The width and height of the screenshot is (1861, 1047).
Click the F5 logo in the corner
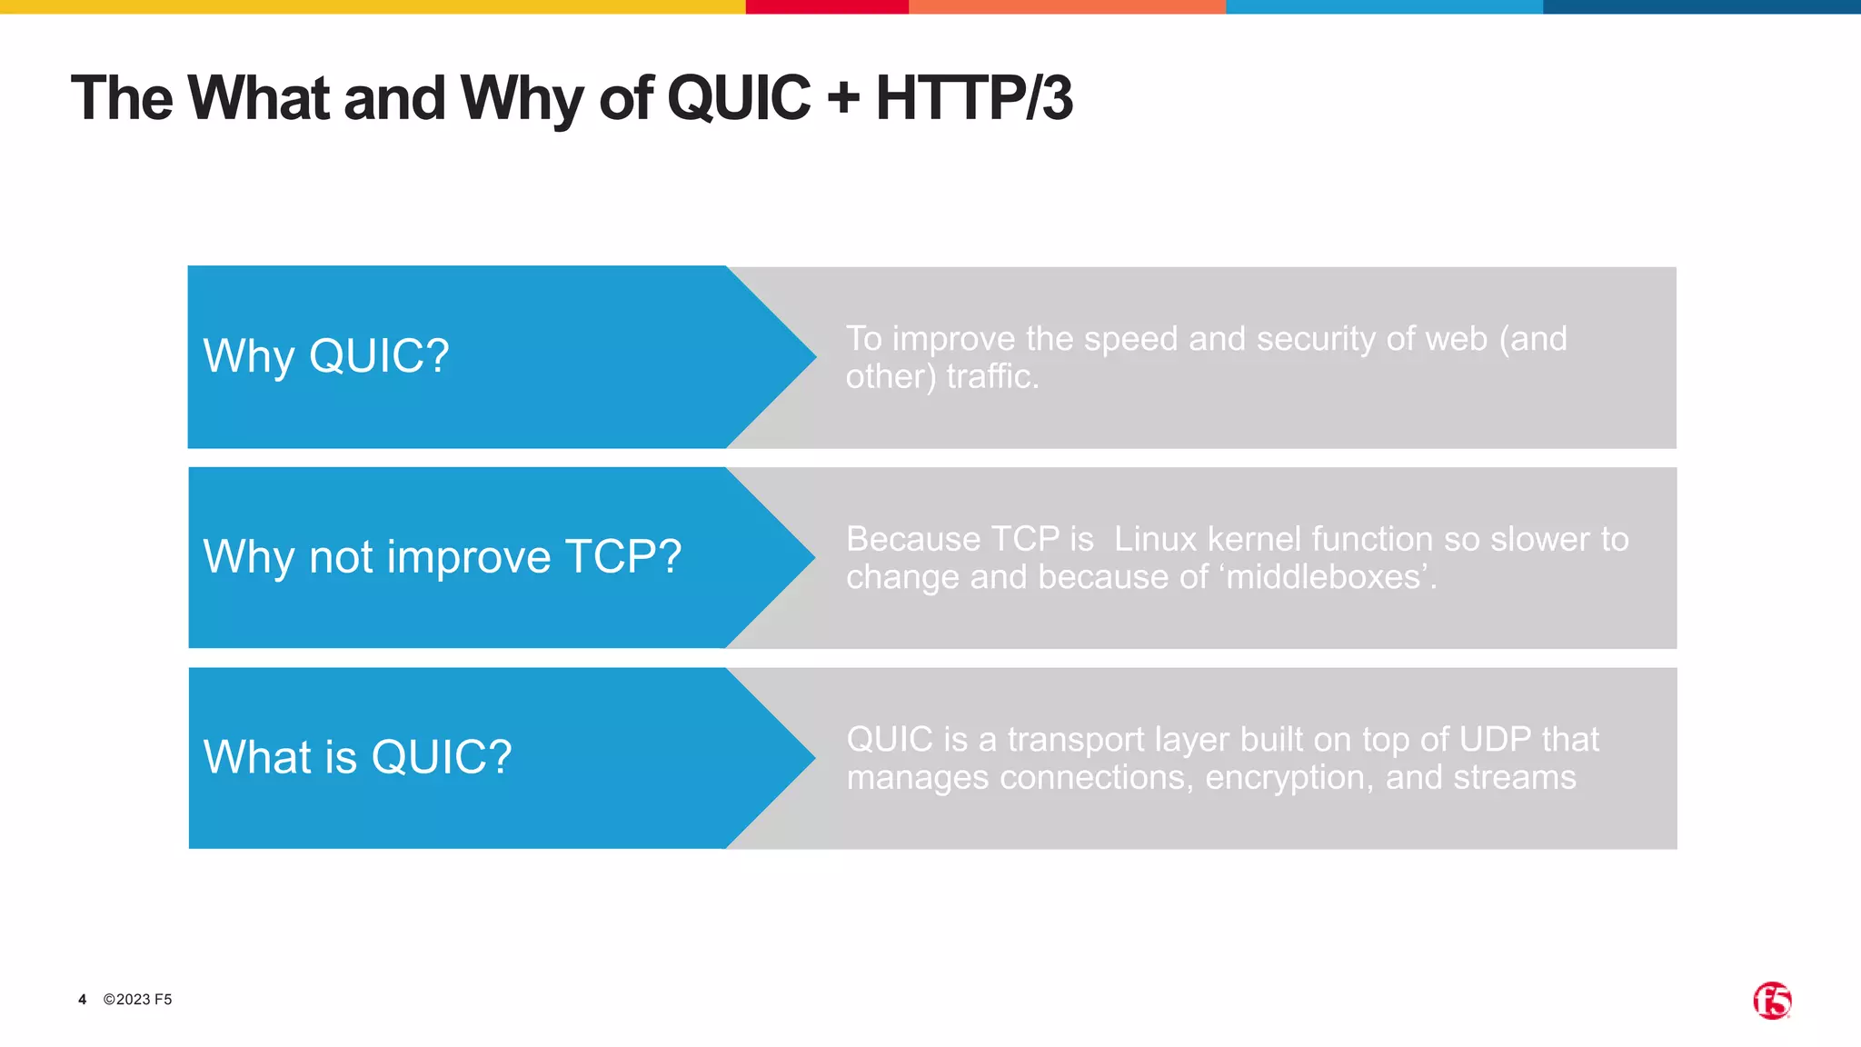click(1771, 1001)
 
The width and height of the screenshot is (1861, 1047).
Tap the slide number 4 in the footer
click(82, 1000)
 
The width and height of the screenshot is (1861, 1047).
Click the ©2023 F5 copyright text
click(137, 1000)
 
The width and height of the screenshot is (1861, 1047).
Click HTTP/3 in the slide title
click(973, 98)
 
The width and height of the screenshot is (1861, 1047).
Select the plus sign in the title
click(843, 98)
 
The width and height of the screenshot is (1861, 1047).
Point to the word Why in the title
click(521, 98)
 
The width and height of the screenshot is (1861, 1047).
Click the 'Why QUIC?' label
click(325, 355)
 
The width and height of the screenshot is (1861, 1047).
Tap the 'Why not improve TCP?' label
click(442, 556)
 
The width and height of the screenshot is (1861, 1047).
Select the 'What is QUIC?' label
click(357, 757)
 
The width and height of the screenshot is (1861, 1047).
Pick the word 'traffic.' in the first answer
click(992, 376)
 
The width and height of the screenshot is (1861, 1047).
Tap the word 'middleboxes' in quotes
click(1323, 577)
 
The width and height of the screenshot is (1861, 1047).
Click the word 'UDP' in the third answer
click(1495, 740)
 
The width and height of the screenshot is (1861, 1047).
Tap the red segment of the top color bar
click(826, 6)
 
